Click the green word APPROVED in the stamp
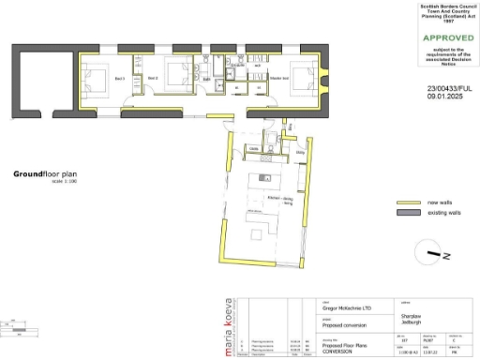point(442,37)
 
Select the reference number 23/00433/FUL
point(442,87)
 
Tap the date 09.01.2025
point(442,96)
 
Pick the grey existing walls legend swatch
point(409,214)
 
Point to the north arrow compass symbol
point(433,252)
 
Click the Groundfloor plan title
point(44,174)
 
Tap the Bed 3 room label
point(119,78)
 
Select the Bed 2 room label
point(153,78)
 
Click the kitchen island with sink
point(259,178)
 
